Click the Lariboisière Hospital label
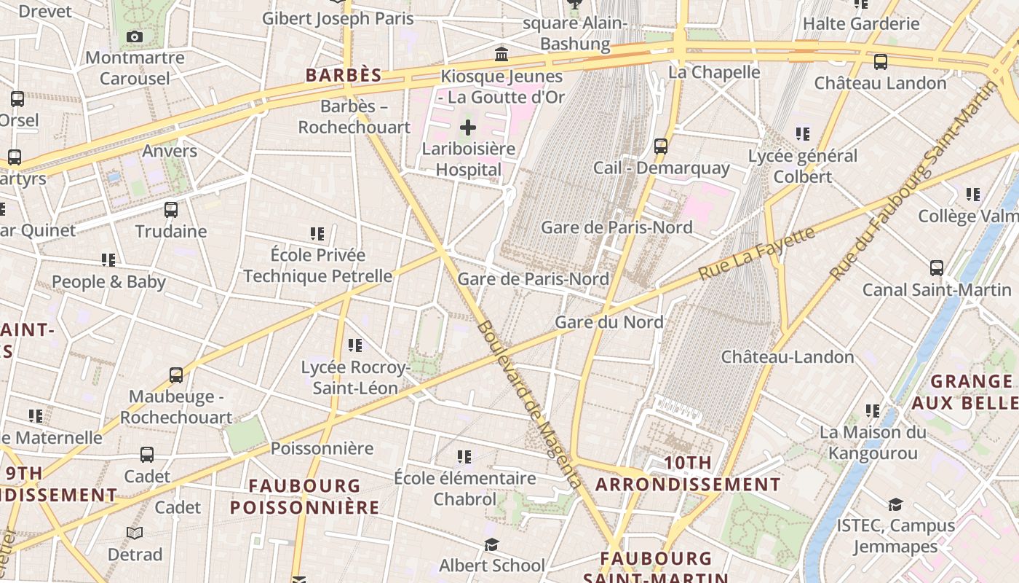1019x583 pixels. tap(468, 159)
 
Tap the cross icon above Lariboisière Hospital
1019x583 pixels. tap(468, 128)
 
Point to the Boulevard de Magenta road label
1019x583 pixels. tap(528, 404)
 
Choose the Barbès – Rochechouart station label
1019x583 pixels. tap(354, 117)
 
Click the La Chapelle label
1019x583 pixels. tap(714, 72)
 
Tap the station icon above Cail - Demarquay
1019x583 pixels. tap(661, 146)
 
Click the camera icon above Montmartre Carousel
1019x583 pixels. tap(134, 37)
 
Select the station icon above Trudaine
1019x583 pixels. tap(171, 210)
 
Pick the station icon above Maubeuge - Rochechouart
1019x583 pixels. tap(176, 375)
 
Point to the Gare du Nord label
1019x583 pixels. tap(609, 321)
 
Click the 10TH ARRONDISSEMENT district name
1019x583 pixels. tap(688, 473)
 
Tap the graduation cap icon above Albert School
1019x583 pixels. tap(492, 545)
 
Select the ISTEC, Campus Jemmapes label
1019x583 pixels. tap(895, 536)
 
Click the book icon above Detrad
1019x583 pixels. tap(135, 533)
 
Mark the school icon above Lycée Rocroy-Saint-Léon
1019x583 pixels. tap(355, 345)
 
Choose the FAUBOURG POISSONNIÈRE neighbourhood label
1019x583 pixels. tap(305, 496)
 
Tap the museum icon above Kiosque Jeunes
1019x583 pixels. tap(501, 55)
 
